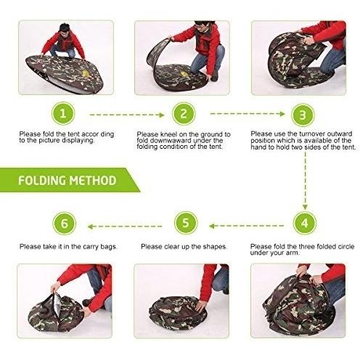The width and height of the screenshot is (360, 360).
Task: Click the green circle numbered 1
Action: point(63,113)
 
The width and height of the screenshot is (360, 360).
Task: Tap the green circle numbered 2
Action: point(184,114)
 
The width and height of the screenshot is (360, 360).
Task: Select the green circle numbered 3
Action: point(303,115)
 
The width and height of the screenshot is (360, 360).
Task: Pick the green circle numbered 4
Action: point(305,223)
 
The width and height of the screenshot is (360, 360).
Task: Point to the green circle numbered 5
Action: point(186,223)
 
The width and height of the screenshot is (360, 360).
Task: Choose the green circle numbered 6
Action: point(65,224)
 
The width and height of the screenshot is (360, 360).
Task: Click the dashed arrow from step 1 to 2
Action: point(127,115)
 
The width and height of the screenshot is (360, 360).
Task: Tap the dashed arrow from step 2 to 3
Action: point(247,114)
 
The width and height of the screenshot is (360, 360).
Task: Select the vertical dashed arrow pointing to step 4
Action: point(306,181)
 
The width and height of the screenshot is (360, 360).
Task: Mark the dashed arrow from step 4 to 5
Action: point(246,226)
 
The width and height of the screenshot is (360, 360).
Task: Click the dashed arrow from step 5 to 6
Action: point(125,226)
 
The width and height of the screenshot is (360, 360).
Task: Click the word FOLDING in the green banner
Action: point(42,181)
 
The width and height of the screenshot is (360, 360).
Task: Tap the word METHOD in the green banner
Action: point(93,181)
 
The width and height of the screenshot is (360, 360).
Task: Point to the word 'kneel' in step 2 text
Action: point(168,134)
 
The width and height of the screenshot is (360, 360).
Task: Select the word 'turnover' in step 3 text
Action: point(313,134)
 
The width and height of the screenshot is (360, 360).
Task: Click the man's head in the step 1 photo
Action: point(65,29)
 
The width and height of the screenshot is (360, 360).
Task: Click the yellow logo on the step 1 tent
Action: point(86,73)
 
